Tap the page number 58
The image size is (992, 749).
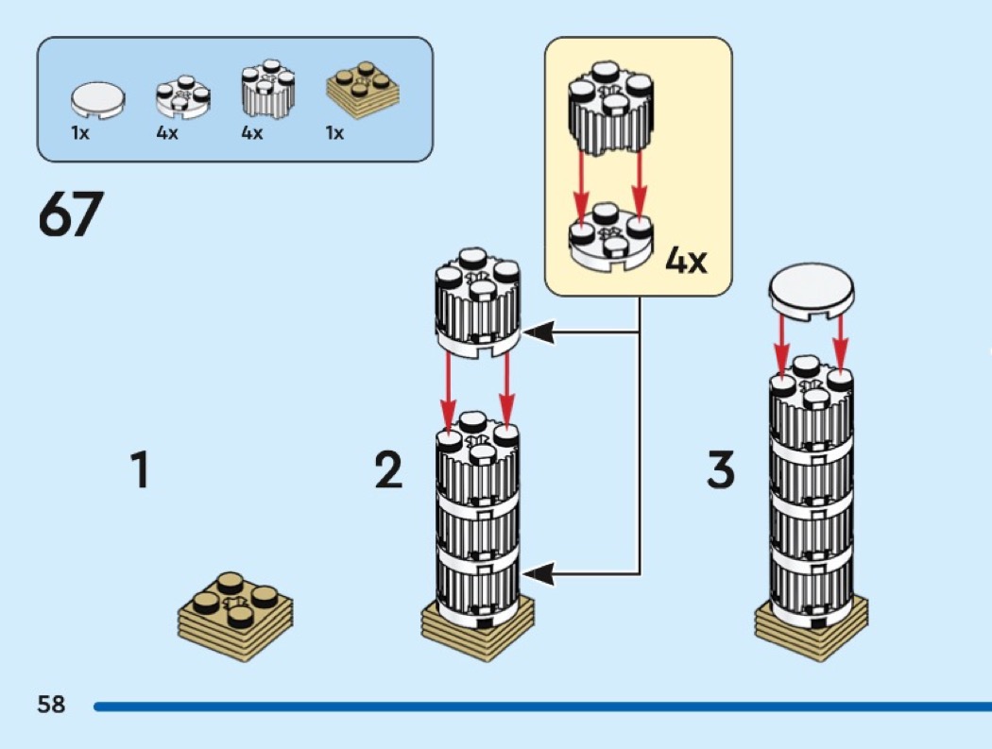pos(51,704)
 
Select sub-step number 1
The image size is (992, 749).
pos(140,470)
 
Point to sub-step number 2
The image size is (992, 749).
pos(388,470)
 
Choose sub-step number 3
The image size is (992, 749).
pos(720,470)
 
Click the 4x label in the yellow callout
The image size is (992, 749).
pos(686,260)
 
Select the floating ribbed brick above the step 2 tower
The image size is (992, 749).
pos(477,301)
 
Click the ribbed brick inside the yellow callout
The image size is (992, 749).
pos(611,112)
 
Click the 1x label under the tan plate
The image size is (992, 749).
pos(334,134)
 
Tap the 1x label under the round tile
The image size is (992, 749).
pos(80,134)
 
